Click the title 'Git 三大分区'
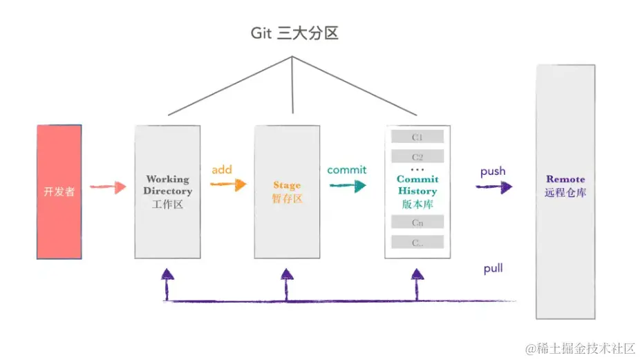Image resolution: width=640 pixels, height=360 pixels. point(294,33)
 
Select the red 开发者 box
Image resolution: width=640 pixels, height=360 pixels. point(59,191)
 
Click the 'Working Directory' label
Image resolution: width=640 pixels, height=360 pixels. point(167,185)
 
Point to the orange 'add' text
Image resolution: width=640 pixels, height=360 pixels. point(222,169)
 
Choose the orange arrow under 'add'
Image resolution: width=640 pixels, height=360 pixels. point(229,184)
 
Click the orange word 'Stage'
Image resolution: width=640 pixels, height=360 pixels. point(287,185)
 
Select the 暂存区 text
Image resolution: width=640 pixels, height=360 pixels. point(287,199)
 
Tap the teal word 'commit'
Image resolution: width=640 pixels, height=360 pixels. point(347,169)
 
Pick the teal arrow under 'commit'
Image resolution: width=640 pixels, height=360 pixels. point(347,185)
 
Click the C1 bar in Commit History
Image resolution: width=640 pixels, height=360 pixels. point(417,137)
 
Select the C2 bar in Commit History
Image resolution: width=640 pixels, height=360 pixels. point(417,156)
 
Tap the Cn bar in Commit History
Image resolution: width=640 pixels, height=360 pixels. point(417,222)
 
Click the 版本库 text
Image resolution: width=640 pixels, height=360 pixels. point(417,204)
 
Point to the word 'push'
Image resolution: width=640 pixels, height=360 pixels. point(493,171)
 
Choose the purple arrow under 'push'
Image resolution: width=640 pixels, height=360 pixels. point(494,187)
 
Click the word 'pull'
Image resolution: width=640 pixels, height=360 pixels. point(493,268)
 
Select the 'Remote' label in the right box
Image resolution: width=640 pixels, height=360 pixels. point(565,179)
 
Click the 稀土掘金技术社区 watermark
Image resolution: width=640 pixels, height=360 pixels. point(580,348)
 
